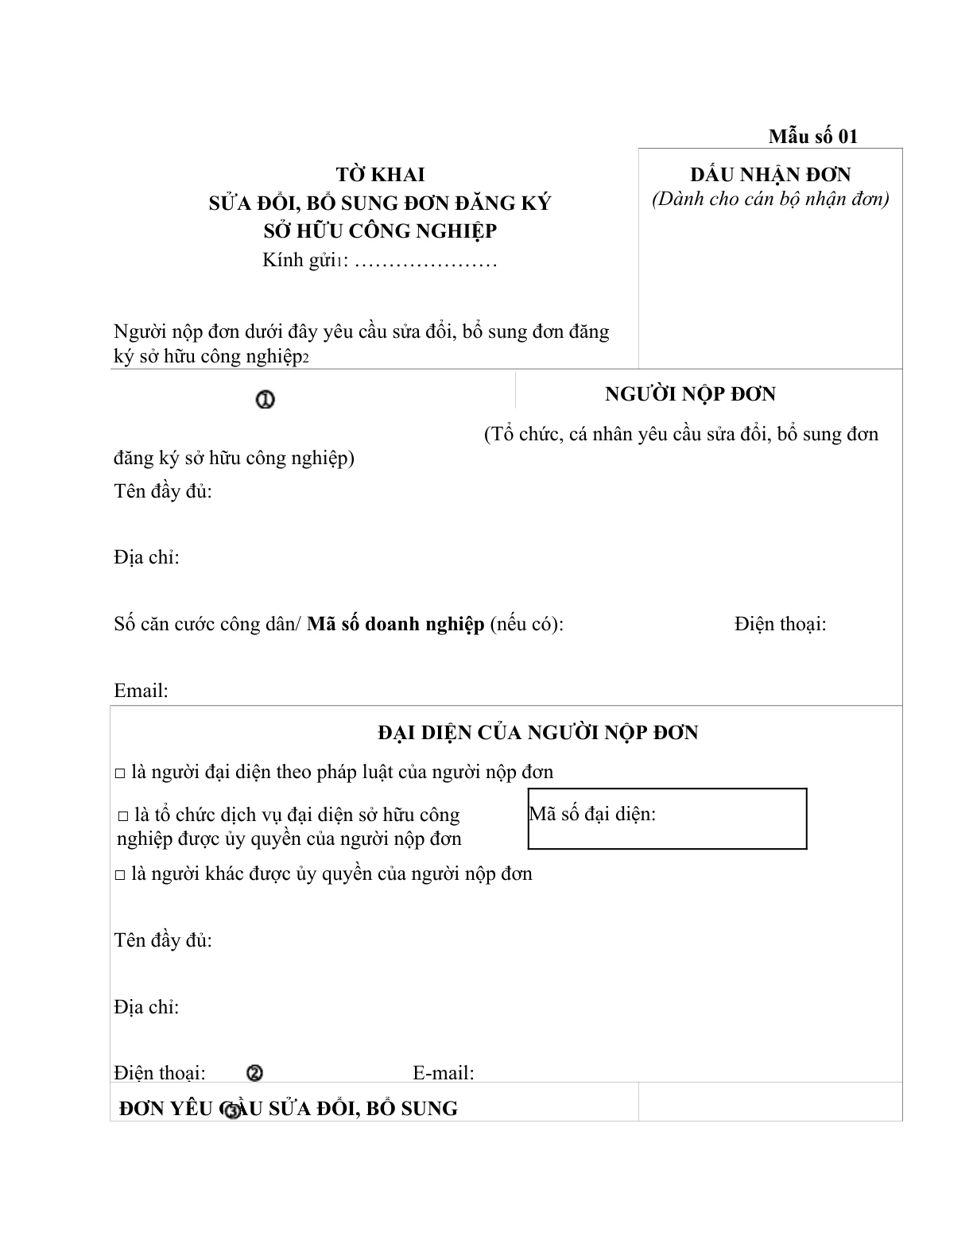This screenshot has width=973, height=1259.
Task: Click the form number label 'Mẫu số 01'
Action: pyautogui.click(x=812, y=136)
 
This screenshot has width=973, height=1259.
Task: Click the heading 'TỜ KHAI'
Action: pyautogui.click(x=380, y=174)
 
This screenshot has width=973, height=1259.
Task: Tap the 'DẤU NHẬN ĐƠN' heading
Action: pyautogui.click(x=770, y=174)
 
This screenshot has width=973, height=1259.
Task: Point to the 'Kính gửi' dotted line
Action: pyautogui.click(x=425, y=261)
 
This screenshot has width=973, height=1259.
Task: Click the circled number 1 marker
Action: pyautogui.click(x=266, y=400)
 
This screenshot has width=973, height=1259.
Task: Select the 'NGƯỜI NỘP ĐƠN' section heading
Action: pyautogui.click(x=690, y=393)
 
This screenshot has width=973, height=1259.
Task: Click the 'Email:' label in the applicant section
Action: pyautogui.click(x=141, y=690)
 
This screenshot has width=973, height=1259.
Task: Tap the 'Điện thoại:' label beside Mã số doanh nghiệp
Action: pyautogui.click(x=780, y=624)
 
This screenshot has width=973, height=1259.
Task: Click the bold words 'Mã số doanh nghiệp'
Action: pyautogui.click(x=395, y=624)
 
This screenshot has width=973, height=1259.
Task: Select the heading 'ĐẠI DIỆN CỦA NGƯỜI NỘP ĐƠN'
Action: pyautogui.click(x=537, y=732)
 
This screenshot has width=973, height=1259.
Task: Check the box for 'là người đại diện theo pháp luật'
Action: pyautogui.click(x=120, y=773)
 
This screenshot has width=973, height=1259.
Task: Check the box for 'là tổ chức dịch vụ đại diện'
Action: pyautogui.click(x=123, y=816)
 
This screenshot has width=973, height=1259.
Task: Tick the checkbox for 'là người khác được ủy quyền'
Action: pyautogui.click(x=120, y=874)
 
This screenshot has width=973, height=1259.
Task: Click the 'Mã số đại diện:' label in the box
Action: pyautogui.click(x=592, y=814)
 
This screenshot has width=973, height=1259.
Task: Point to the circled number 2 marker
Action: pyautogui.click(x=255, y=1073)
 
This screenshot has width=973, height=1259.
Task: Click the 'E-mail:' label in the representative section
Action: pyautogui.click(x=443, y=1073)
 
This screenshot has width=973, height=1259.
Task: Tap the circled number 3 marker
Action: pyautogui.click(x=231, y=1111)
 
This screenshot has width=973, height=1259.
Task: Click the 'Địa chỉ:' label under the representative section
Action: pyautogui.click(x=146, y=1007)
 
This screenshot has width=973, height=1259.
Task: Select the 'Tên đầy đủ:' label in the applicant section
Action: pyautogui.click(x=163, y=490)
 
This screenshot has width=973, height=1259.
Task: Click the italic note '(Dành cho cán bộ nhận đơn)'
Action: pyautogui.click(x=770, y=199)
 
